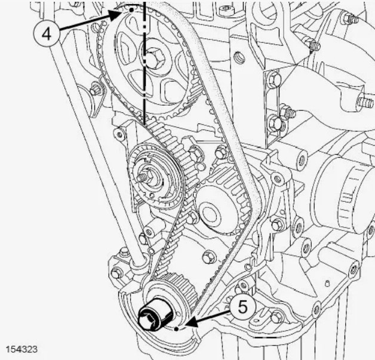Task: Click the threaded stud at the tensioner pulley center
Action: (x=143, y=176)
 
